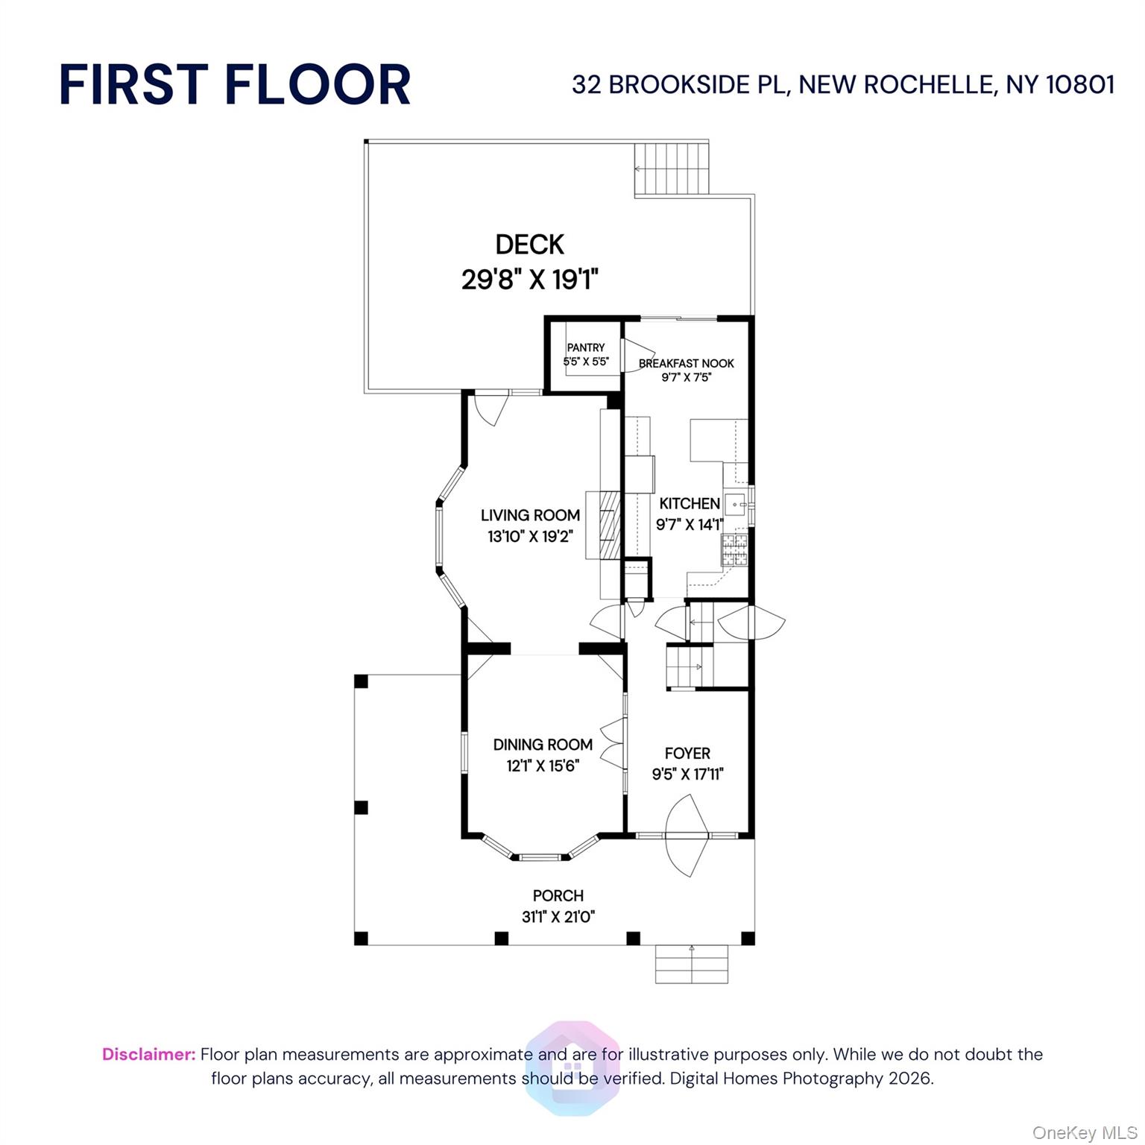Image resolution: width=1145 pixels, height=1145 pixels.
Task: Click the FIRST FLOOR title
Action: point(235,84)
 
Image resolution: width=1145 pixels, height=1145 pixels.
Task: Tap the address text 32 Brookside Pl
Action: point(680,85)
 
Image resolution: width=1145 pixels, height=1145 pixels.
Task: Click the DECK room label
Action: point(530,245)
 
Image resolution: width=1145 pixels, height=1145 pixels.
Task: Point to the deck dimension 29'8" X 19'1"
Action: point(530,280)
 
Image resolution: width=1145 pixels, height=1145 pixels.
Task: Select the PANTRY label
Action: point(586,347)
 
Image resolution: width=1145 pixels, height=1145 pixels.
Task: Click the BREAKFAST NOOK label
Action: point(687,363)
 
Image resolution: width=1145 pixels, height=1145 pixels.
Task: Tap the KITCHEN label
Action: point(690,504)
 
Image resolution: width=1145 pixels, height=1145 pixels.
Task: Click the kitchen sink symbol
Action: point(736,505)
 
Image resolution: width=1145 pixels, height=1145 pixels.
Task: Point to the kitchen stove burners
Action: point(734,550)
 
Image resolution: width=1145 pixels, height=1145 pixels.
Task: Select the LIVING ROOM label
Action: point(530,515)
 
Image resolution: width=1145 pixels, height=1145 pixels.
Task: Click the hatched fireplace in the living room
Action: point(611,525)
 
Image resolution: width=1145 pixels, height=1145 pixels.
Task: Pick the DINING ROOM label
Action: point(543,745)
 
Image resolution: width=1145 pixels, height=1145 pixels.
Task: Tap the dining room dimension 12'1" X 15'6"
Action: point(543,766)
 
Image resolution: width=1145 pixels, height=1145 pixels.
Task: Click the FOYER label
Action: point(687,754)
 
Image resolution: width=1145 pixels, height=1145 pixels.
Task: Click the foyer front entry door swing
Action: point(687,836)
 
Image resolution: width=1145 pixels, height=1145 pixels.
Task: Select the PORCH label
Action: point(558,896)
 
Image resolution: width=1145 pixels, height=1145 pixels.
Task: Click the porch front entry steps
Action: point(692,965)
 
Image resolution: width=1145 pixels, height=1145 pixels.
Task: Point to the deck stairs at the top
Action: point(671,168)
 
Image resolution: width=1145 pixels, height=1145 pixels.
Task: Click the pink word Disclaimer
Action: point(149,1054)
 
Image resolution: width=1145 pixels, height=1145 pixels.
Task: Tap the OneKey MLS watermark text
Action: point(1085,1133)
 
